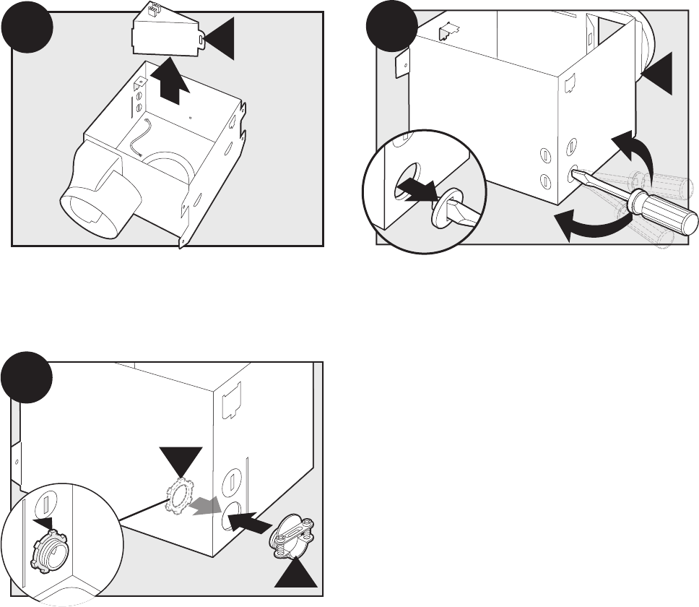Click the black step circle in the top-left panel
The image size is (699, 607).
point(27,31)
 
